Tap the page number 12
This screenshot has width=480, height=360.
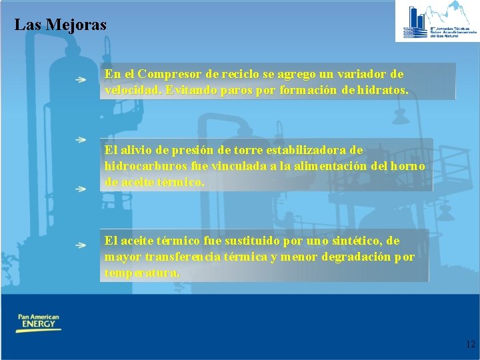(x=470, y=345)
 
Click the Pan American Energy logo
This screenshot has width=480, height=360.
(x=38, y=323)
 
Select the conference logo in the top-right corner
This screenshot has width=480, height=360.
(x=437, y=21)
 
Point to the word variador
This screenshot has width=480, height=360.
(x=363, y=74)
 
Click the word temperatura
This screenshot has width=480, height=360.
(x=142, y=273)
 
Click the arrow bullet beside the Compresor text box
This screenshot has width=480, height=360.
(x=80, y=79)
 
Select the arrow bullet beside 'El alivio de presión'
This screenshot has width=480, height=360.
(x=80, y=140)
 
